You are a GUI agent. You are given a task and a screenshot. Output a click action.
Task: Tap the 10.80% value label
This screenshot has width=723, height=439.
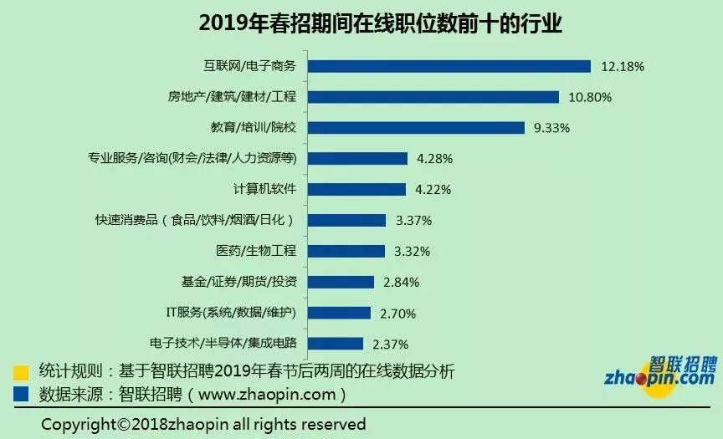[590, 97]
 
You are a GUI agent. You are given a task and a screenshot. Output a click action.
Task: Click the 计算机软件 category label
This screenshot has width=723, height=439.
[263, 189]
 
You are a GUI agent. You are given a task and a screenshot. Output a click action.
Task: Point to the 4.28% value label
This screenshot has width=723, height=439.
[433, 159]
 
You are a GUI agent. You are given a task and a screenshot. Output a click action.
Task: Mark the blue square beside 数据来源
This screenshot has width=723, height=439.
[22, 392]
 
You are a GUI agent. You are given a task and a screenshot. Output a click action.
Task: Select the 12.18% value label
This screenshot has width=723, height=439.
[623, 66]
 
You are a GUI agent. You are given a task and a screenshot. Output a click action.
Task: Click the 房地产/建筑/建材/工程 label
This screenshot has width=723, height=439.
[238, 97]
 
